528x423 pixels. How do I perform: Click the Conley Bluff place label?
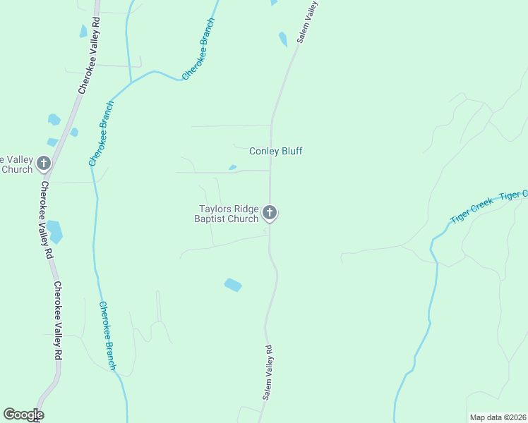(276, 151)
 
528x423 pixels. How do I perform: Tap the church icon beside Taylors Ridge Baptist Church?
(269, 212)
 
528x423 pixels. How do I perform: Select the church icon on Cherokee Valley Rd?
(44, 164)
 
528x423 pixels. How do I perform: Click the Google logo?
(23, 414)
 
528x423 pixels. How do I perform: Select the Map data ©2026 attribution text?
(498, 417)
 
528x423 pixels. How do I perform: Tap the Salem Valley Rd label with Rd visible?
(268, 373)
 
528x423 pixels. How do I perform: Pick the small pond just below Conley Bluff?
(232, 168)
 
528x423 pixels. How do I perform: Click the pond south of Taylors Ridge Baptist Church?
(233, 285)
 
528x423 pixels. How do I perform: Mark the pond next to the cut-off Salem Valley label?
(283, 39)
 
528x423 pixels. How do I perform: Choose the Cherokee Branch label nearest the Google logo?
(107, 336)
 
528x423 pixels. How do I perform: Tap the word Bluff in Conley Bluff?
(291, 151)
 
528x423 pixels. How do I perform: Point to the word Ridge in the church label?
(244, 209)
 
